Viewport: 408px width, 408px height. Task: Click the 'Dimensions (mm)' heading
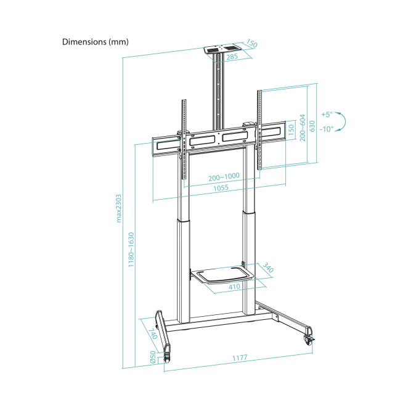tap(96, 42)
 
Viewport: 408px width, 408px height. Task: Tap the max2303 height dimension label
tap(119, 208)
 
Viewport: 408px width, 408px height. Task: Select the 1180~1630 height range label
tap(131, 250)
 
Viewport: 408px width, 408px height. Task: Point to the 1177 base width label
tap(240, 358)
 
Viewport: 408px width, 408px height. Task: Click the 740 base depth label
tap(153, 333)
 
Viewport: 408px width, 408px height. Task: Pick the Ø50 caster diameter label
tap(153, 357)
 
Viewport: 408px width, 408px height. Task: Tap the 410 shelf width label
tap(234, 287)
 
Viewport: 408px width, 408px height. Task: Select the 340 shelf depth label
tap(268, 267)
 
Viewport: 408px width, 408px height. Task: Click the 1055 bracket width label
tap(221, 188)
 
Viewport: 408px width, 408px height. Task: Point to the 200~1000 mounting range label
tap(224, 177)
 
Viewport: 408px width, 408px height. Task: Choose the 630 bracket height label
tap(312, 126)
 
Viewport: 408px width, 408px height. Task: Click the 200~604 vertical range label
tap(303, 128)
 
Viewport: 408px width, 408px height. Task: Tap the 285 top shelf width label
tap(232, 57)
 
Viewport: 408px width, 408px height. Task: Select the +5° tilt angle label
tap(327, 114)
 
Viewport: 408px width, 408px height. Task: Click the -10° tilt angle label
tap(327, 129)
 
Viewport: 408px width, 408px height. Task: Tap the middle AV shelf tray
tap(222, 275)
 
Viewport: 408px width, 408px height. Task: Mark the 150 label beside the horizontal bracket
tap(292, 129)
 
